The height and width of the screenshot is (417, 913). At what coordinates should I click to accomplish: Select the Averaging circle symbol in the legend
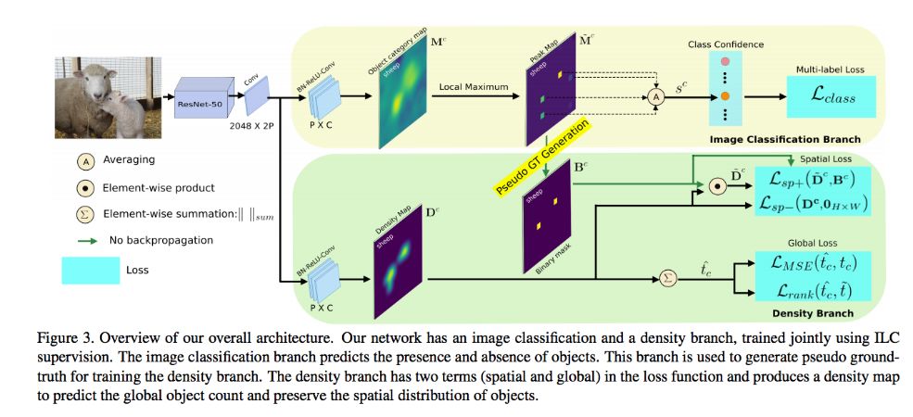tap(83, 160)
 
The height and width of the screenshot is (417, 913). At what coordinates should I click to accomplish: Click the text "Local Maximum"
tap(474, 86)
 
